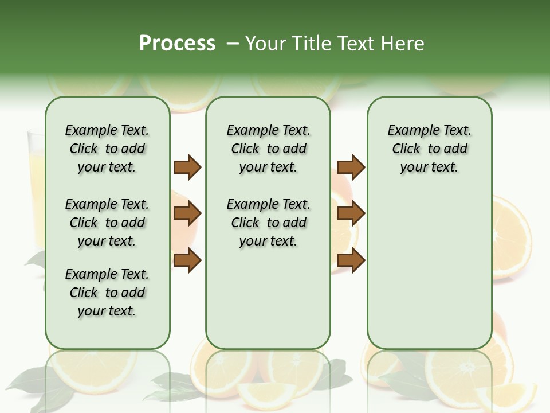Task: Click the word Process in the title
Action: (x=177, y=44)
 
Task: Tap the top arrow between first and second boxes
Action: (x=187, y=167)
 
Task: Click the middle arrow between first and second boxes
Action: (x=187, y=213)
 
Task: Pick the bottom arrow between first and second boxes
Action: (x=187, y=260)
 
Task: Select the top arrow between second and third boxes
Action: (x=351, y=167)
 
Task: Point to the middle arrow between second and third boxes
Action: (x=351, y=213)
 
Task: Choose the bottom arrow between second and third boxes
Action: (x=351, y=260)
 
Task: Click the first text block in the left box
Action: (x=107, y=149)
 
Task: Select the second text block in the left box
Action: (x=107, y=223)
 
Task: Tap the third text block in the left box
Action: (x=107, y=293)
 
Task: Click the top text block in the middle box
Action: (x=268, y=149)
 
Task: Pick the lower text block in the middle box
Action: (x=268, y=223)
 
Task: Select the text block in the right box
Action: (x=430, y=149)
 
